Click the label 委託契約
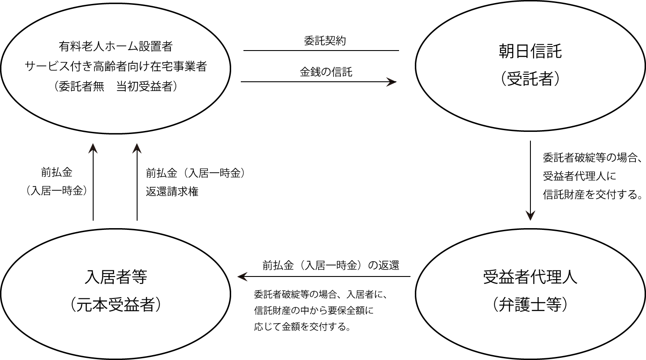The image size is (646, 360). (x=325, y=41)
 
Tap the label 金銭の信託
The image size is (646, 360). (x=326, y=72)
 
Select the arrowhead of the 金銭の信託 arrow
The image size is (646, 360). (x=392, y=82)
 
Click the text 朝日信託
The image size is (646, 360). (x=530, y=51)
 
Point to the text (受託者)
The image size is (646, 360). (x=530, y=78)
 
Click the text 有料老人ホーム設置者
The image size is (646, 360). (x=116, y=47)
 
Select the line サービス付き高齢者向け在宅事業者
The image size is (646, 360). (x=116, y=67)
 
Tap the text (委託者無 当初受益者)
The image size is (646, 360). (x=116, y=86)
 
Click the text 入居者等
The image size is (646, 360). (x=116, y=276)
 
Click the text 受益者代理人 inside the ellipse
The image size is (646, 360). (x=530, y=276)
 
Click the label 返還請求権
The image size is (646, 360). (x=172, y=192)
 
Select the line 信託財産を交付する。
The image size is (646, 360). (x=592, y=194)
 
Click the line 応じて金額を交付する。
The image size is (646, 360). (x=302, y=327)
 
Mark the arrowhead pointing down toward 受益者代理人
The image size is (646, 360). (x=530, y=215)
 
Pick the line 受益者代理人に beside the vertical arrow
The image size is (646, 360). (x=579, y=176)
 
